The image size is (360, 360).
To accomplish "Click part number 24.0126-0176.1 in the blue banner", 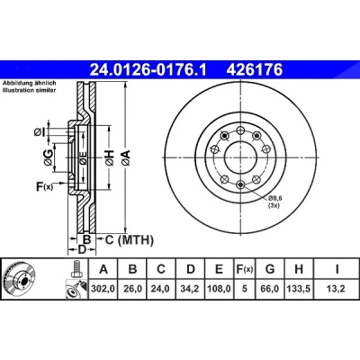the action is tap(148, 70).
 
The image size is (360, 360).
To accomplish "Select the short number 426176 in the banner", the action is tap(255, 70).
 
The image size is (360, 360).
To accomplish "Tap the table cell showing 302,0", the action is tap(103, 289).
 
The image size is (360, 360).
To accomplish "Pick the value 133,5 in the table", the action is tap(299, 289).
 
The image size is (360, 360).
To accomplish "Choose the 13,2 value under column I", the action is tap(337, 289).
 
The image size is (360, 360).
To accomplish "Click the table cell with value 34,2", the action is tap(191, 289).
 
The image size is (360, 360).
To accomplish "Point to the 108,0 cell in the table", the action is tap(220, 289).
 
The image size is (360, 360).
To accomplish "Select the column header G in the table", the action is tap(270, 269).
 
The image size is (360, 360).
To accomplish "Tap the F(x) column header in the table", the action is tap(244, 269).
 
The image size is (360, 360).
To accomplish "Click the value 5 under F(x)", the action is tap(244, 289).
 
